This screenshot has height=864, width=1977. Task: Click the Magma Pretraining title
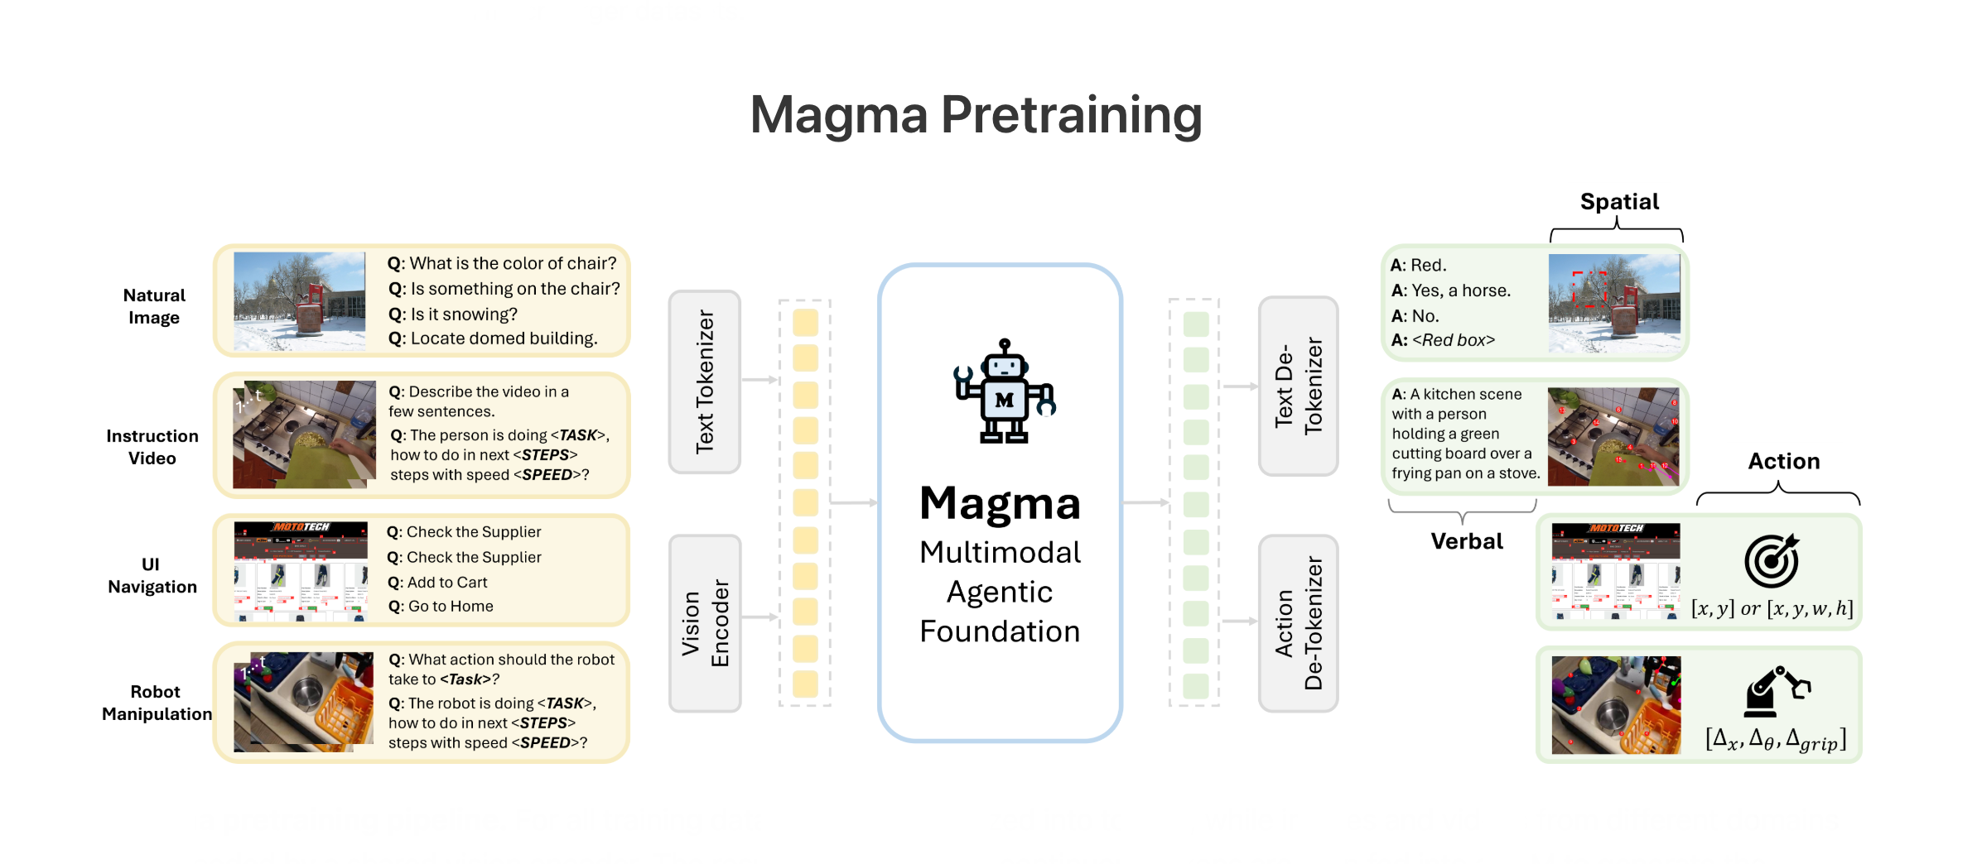976,115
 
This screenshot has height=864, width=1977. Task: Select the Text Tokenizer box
704,382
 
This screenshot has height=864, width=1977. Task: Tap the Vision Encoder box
705,623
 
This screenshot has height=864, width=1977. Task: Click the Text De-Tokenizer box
1298,386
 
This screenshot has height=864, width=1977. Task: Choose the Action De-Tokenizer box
1298,623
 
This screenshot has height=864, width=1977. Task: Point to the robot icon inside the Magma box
1004,392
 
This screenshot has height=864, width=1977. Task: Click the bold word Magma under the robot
1000,504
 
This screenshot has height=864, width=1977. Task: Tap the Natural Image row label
154,306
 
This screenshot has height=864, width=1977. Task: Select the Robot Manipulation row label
156,703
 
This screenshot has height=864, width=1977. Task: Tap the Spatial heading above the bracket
1618,202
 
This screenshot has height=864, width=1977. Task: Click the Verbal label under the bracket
1466,541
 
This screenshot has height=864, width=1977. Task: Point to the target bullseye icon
1771,560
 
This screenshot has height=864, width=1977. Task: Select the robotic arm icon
1776,692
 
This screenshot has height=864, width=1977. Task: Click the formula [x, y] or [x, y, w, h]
1772,609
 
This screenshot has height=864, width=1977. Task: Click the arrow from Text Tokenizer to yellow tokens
759,380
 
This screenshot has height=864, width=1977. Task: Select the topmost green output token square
1195,324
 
